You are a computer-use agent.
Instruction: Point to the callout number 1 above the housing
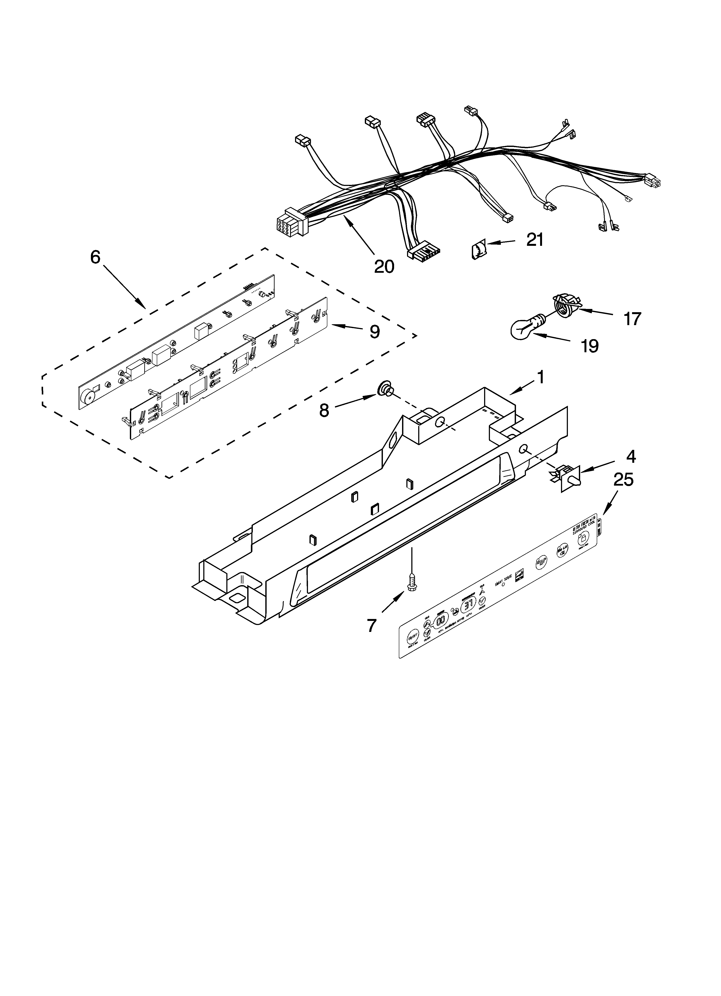click(x=541, y=377)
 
